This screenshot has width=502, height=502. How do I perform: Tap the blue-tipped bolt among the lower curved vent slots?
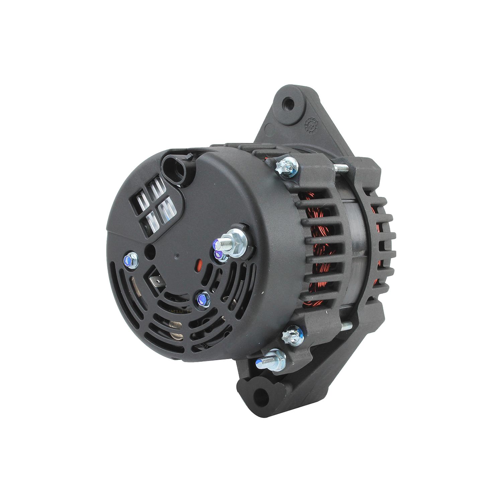(x=202, y=298)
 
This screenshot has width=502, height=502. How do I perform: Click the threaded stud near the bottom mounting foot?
(x=269, y=359)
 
